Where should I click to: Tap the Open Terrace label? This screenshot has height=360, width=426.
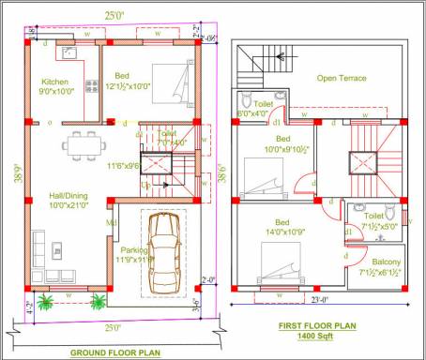pyautogui.click(x=342, y=78)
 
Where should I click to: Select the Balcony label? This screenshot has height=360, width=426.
pyautogui.click(x=379, y=262)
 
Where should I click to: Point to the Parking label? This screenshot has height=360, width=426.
pyautogui.click(x=132, y=249)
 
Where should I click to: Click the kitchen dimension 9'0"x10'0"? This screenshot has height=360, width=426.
pyautogui.click(x=56, y=92)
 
